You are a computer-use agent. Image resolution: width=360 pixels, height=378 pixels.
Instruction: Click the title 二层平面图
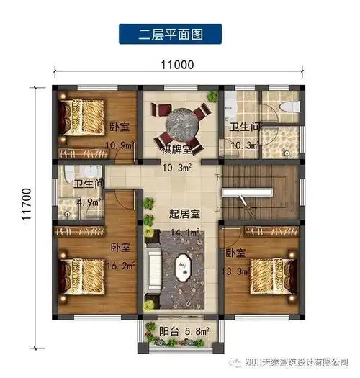(x=171, y=32)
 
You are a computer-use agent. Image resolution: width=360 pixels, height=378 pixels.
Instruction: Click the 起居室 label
(x=184, y=214)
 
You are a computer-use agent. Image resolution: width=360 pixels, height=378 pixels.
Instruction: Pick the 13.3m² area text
(x=238, y=271)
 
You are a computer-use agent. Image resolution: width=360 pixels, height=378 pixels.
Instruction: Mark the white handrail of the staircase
(x=245, y=193)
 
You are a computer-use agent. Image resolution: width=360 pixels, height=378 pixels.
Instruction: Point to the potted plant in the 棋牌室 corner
(x=212, y=96)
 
